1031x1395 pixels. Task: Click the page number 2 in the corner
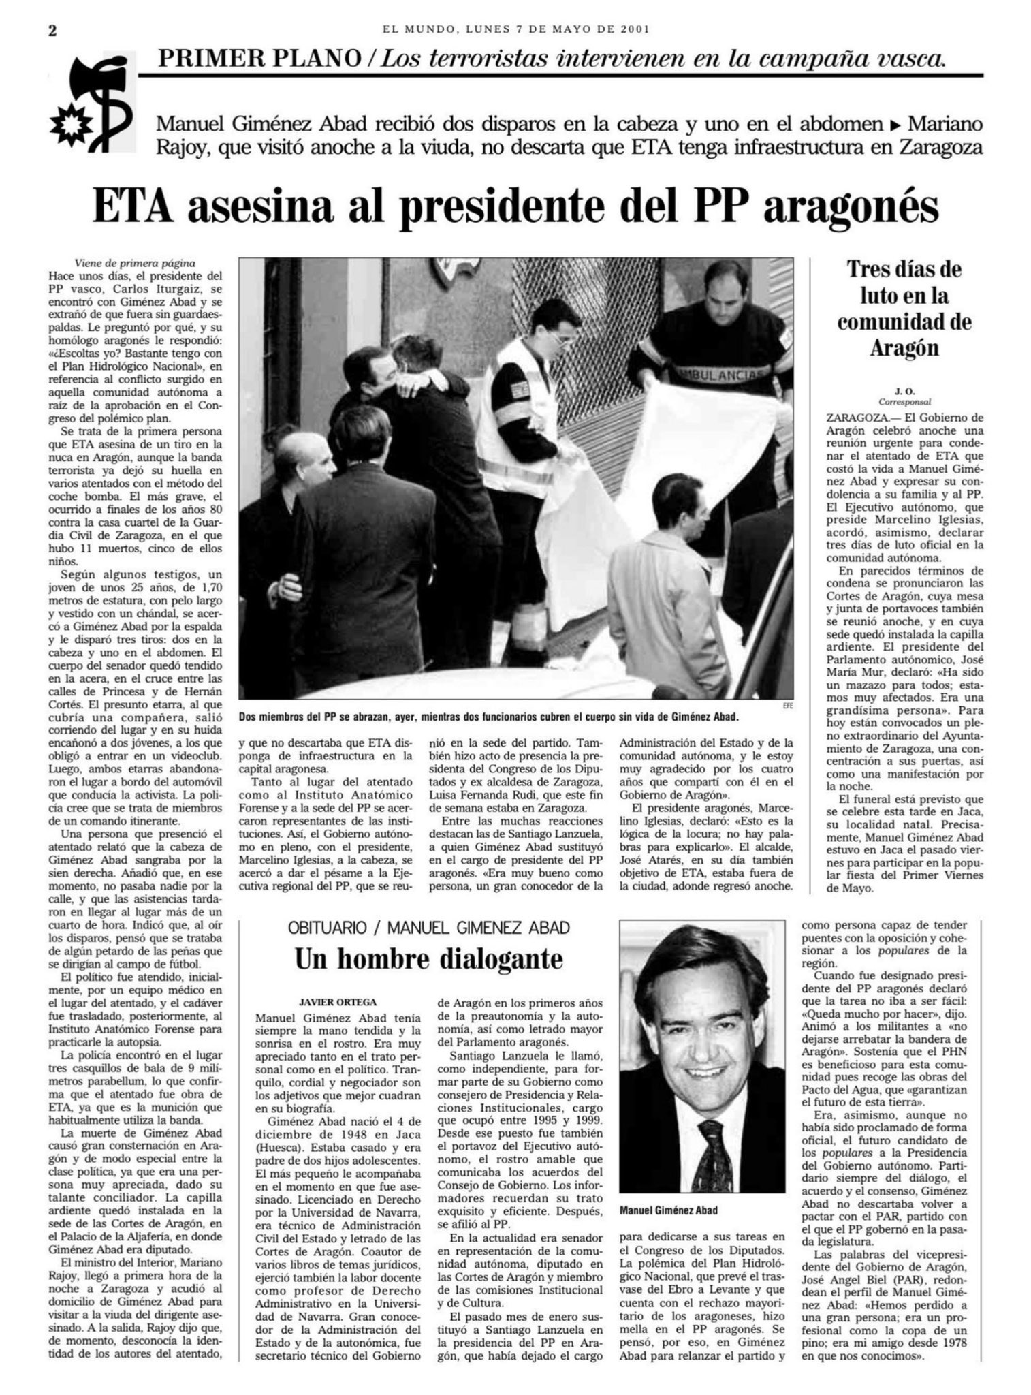coord(52,31)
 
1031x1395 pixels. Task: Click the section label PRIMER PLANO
coord(259,59)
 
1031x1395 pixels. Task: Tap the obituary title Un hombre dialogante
coord(428,958)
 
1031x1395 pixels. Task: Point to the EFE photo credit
coord(788,706)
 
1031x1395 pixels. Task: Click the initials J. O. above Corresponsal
coord(904,391)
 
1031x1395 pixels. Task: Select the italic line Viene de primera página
coord(135,264)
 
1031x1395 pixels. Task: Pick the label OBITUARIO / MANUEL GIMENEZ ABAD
coord(428,927)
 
